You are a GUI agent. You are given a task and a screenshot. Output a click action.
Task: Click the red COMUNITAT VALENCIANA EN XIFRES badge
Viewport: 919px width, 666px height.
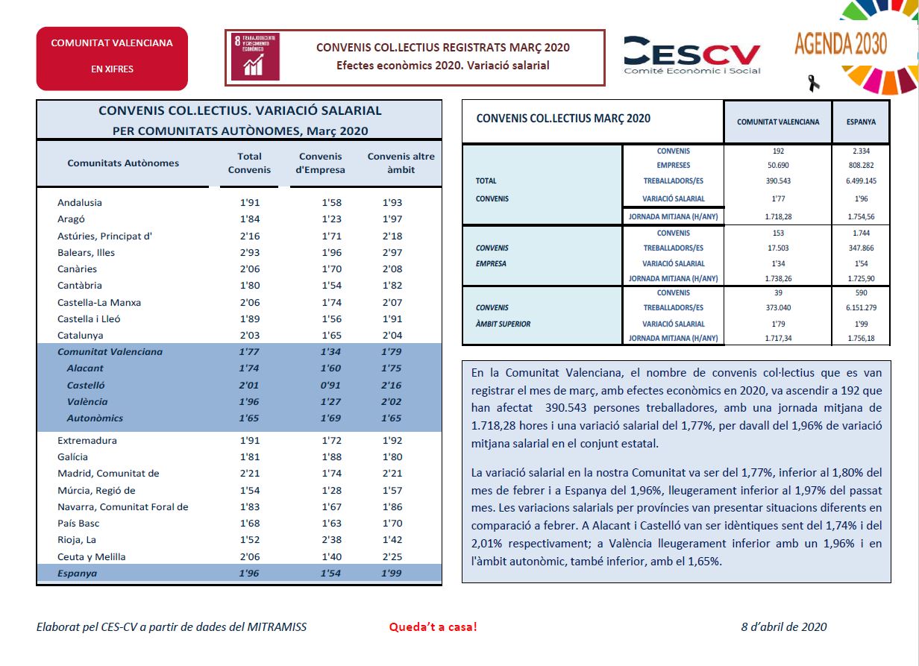tap(112, 59)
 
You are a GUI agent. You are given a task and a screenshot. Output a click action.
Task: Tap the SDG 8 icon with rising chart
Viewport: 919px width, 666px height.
tap(255, 57)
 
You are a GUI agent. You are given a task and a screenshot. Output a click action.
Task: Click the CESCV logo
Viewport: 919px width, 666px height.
tap(691, 55)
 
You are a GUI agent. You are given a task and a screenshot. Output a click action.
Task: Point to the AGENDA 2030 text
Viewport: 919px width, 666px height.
tap(841, 43)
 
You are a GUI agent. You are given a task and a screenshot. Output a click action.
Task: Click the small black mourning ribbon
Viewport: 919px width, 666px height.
tap(814, 84)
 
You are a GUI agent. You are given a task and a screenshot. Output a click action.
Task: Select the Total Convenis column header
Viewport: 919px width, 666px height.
tap(249, 163)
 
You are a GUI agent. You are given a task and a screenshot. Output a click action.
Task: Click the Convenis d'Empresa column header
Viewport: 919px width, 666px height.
tap(321, 163)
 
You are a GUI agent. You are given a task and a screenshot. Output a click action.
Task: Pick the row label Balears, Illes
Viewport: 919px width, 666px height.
tap(87, 252)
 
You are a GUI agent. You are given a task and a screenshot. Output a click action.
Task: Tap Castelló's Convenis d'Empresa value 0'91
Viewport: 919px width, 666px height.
tap(330, 385)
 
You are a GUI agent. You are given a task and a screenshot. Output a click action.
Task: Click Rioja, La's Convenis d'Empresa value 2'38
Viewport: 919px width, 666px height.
tap(331, 539)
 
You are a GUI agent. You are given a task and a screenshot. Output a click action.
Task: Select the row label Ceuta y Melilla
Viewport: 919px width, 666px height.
tap(92, 556)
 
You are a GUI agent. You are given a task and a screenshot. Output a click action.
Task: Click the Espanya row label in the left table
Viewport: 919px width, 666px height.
tap(77, 573)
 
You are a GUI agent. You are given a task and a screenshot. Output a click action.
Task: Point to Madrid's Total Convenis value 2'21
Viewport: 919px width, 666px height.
tap(250, 473)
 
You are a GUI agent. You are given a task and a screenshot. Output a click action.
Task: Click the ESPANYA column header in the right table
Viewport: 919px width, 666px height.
tap(861, 122)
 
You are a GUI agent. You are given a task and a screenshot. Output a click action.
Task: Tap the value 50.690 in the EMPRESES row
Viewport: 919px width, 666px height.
tap(778, 165)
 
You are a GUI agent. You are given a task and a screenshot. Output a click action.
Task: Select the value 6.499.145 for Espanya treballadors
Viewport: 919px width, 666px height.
tap(861, 180)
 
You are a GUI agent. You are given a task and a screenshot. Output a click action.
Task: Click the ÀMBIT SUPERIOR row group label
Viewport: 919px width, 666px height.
tap(503, 324)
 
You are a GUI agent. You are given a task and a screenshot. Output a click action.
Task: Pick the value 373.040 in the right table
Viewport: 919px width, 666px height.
tap(778, 307)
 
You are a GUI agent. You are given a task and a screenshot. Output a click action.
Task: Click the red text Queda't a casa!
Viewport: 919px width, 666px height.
tap(433, 626)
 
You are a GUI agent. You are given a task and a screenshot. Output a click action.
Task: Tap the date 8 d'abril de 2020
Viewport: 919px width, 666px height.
tap(784, 626)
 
